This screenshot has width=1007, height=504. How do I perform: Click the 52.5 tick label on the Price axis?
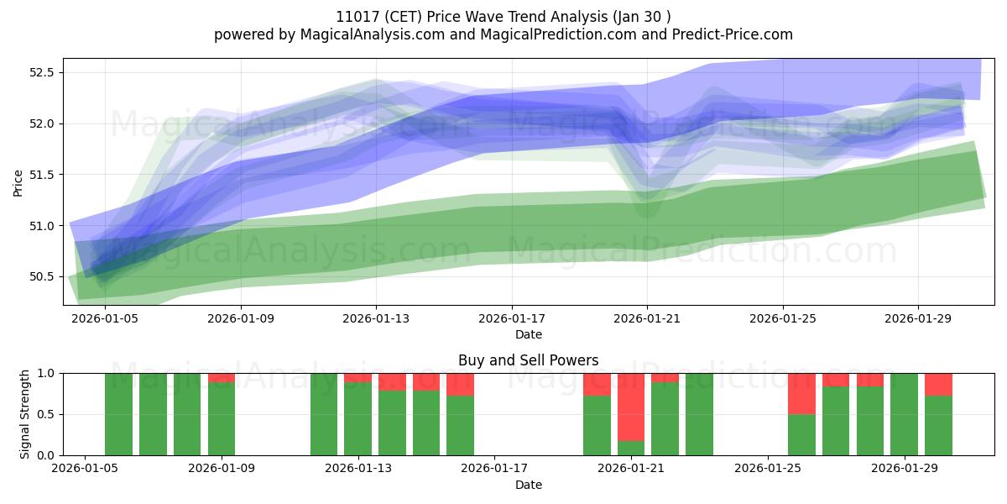tap(41, 72)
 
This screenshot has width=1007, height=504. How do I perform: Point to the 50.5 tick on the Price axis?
tap(41, 276)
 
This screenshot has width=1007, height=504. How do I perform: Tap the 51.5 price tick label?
tap(41, 175)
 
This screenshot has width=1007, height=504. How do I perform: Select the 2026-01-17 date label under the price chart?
tap(512, 318)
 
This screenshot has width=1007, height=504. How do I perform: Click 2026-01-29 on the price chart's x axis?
tap(918, 318)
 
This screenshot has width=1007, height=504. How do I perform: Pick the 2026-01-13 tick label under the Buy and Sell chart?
tap(358, 468)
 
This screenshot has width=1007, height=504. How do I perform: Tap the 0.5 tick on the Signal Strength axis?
tap(46, 414)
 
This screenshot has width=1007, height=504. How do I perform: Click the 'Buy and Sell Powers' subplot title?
tap(528, 360)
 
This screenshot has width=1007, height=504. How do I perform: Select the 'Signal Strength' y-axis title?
tap(24, 414)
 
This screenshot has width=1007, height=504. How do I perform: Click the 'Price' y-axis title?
tap(18, 183)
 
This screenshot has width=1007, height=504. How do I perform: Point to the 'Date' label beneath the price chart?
tap(528, 334)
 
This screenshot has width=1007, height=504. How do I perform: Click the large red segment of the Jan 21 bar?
tap(631, 407)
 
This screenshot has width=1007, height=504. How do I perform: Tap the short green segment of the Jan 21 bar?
tap(631, 449)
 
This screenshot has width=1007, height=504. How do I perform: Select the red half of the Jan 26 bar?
tap(801, 394)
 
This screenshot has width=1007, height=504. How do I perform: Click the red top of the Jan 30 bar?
tap(938, 385)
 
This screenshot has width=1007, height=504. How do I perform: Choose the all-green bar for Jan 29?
tap(904, 414)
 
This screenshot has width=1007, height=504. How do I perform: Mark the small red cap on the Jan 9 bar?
tap(222, 378)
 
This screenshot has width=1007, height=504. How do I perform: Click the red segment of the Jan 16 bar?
tap(460, 385)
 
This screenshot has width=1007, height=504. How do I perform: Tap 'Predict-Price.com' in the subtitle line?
tap(733, 34)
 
